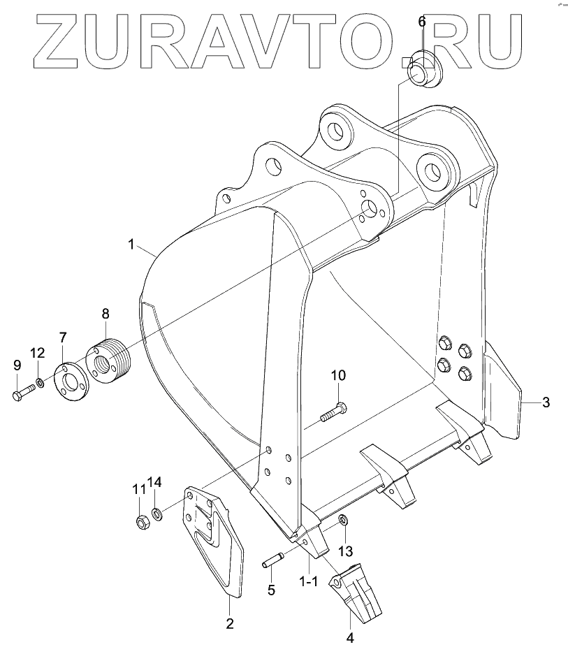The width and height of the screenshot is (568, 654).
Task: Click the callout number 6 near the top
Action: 421,22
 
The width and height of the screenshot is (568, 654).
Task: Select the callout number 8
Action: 106,312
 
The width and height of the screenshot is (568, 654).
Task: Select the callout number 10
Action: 338,376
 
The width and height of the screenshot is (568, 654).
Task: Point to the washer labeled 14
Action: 159,514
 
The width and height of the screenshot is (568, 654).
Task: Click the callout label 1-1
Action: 308,581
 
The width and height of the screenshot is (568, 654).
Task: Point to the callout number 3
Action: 546,402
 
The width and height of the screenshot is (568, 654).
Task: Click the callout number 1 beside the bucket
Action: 131,244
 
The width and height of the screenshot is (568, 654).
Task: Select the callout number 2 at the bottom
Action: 228,623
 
